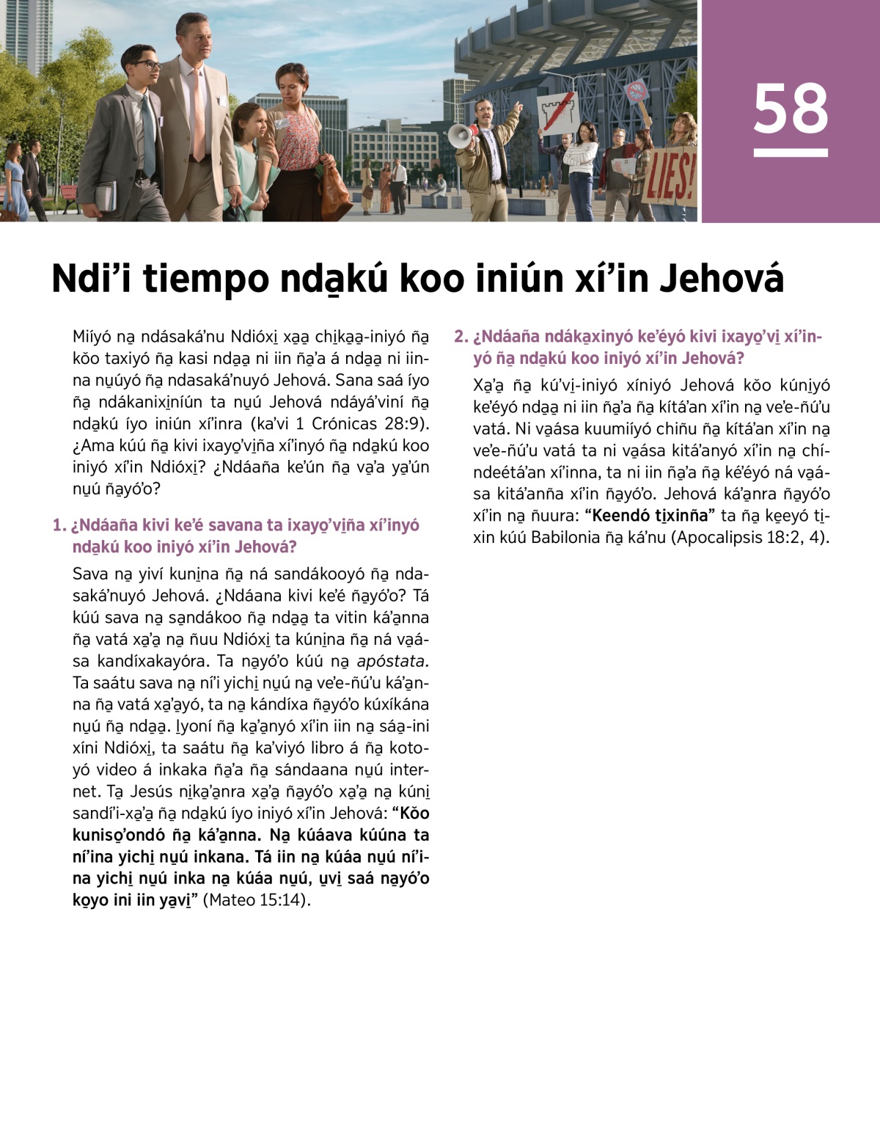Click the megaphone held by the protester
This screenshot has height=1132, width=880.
pos(461,136)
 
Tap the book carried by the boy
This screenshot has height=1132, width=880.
pos(106,195)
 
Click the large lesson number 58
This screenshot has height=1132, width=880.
pos(790,109)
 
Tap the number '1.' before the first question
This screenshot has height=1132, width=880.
pos(59,525)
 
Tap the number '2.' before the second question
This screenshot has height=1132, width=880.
pos(461,337)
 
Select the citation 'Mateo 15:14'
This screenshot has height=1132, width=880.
pos(256,899)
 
